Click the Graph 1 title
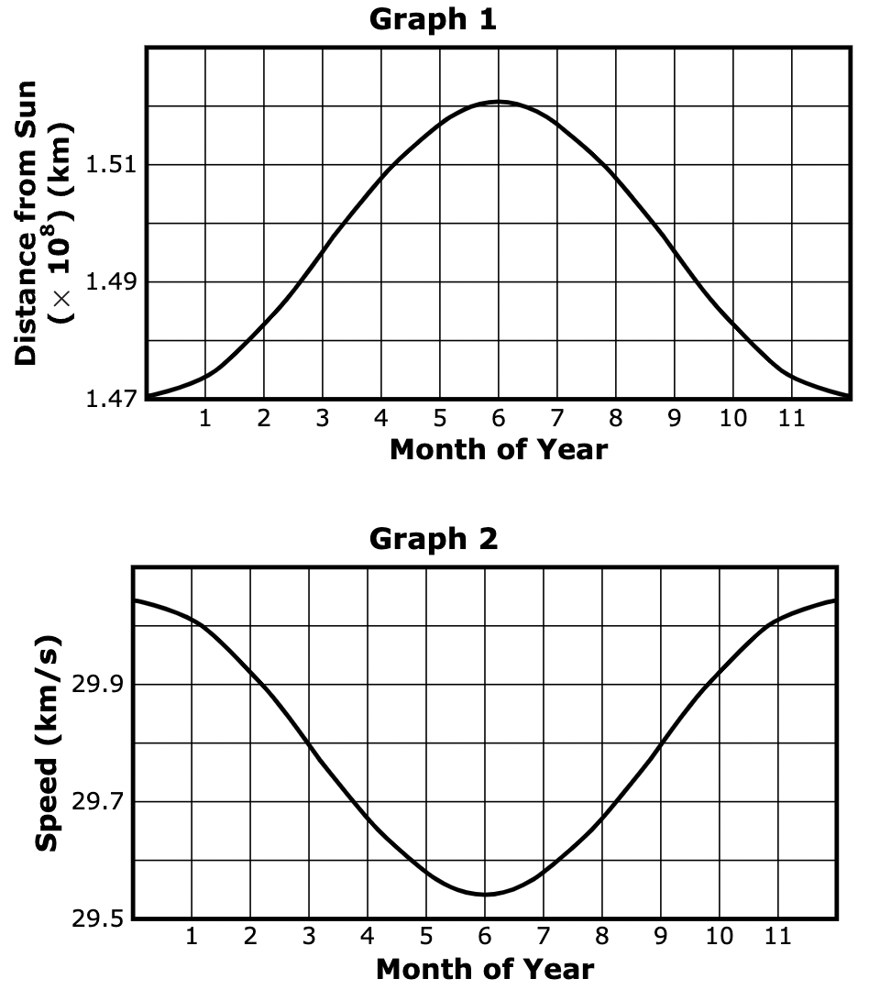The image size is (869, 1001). coord(433,20)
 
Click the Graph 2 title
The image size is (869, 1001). coord(433,539)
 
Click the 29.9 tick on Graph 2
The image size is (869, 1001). coord(98,685)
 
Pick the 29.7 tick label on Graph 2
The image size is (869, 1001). coord(98,802)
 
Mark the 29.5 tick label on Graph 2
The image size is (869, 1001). coord(98,918)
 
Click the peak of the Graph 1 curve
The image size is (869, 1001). coord(499,101)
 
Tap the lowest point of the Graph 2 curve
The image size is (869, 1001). coord(485,894)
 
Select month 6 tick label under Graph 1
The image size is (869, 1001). coord(499,420)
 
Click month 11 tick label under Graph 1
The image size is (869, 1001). coord(792,420)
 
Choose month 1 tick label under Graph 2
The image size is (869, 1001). coord(192,938)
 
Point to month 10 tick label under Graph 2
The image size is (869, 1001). coord(720,938)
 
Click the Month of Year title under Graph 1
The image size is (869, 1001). coord(498,450)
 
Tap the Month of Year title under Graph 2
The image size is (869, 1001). coord(485,969)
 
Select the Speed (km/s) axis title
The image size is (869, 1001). coord(49,742)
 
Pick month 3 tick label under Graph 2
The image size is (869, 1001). coord(309,938)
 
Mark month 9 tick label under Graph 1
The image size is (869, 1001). coord(675,420)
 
